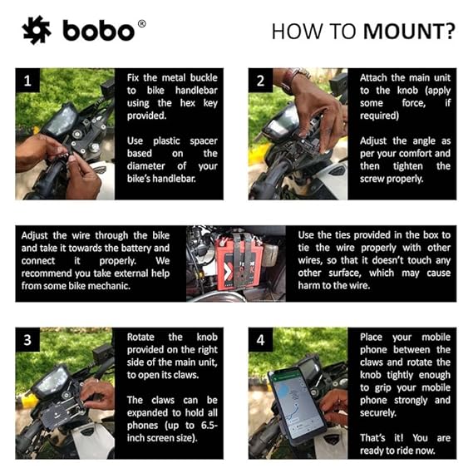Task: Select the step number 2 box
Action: click(x=260, y=81)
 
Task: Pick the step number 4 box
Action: click(x=260, y=341)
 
